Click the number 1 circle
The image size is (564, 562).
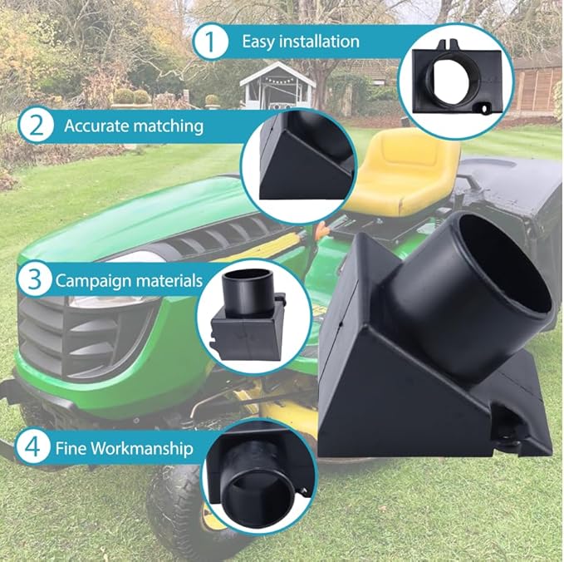pos(211,42)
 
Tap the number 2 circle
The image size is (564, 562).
pos(36,126)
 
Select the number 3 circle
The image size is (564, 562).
pos(35,279)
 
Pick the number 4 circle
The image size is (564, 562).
pos(32,447)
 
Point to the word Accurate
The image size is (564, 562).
pos(96,126)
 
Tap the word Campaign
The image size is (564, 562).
pos(91,281)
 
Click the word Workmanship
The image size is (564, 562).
pos(141,449)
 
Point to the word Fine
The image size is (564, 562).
pos(71,448)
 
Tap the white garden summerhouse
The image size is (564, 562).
pos(277,86)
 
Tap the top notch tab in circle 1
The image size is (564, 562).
pos(449,45)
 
